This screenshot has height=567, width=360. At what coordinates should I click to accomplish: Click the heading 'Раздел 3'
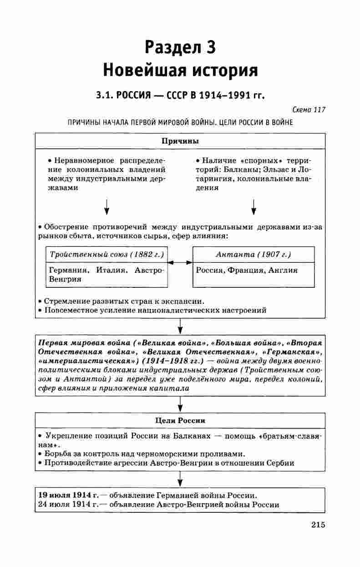point(180,47)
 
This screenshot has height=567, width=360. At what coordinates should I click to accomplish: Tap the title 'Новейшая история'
point(180,70)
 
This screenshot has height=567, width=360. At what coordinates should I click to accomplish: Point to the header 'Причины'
point(180,141)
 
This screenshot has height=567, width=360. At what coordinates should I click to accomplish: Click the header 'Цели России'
point(180,420)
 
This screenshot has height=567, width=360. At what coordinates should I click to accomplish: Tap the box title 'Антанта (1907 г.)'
point(253,254)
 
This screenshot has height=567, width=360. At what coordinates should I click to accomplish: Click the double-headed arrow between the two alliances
point(180,263)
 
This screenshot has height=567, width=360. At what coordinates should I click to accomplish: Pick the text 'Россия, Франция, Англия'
point(247,270)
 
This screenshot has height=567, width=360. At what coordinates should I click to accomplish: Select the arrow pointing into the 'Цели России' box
point(180,404)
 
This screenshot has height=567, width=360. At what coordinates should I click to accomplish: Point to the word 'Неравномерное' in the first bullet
point(81,160)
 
